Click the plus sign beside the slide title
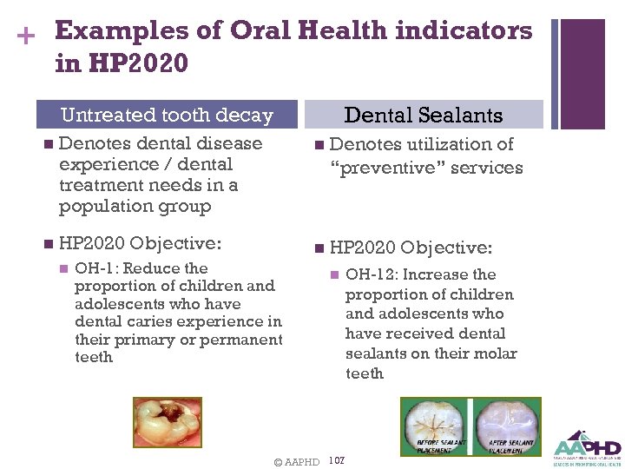tap(26, 36)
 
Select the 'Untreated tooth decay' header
tap(167, 116)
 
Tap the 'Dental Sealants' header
tap(424, 115)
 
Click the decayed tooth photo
tap(168, 422)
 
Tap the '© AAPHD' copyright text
tap(296, 462)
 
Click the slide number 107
tap(338, 460)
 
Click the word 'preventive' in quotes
tap(390, 168)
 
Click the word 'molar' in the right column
tap(497, 353)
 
